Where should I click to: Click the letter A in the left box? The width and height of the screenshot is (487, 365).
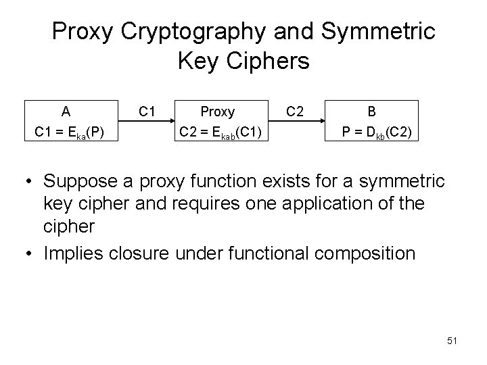tap(66, 111)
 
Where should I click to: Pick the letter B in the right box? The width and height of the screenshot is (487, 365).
tap(371, 111)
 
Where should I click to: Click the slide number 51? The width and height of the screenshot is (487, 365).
tap(452, 341)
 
